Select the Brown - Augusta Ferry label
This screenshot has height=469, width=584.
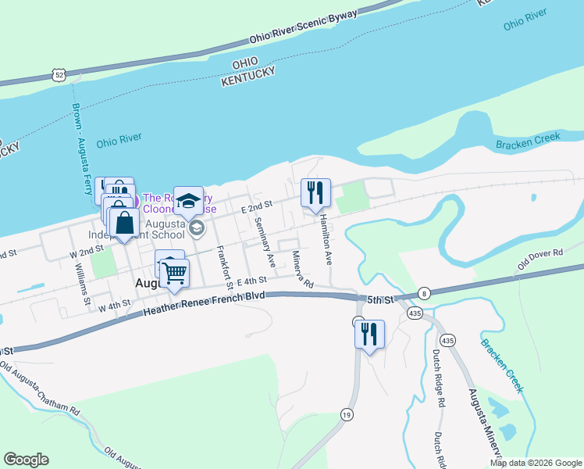(80, 149)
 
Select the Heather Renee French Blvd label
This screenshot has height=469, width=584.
(205, 304)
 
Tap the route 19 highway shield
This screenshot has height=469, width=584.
(346, 415)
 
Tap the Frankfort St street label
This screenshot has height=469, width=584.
(224, 266)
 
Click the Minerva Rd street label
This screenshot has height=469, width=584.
(302, 269)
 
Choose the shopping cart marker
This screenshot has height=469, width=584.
(175, 273)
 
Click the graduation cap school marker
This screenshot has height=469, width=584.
(188, 201)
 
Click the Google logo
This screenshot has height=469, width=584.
(26, 460)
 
